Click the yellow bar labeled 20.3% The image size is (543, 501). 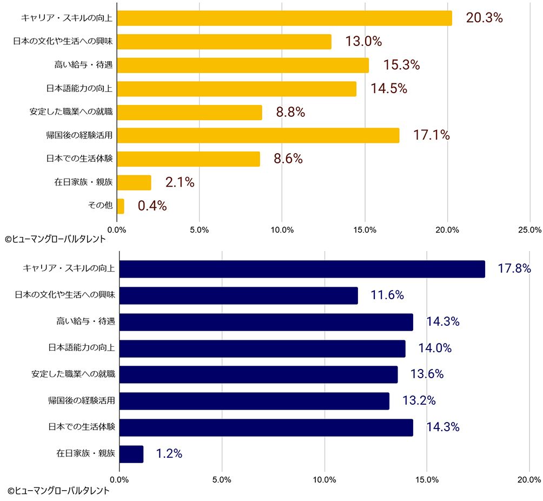(x=284, y=18)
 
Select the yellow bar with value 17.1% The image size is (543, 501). (x=258, y=135)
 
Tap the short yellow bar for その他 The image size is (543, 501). (x=121, y=206)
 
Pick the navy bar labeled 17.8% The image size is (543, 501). (x=302, y=269)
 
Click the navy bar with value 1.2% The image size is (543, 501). (x=131, y=454)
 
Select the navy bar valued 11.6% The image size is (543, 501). (x=239, y=295)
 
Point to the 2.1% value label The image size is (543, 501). (x=180, y=183)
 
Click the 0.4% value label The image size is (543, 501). (x=152, y=206)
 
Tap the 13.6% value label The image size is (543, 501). (x=427, y=374)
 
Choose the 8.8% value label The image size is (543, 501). (x=290, y=113)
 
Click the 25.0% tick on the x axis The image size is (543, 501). (x=529, y=230)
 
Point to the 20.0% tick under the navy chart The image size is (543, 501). (x=529, y=479)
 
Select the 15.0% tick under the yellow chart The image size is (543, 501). (x=365, y=230)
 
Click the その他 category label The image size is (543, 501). (x=100, y=206)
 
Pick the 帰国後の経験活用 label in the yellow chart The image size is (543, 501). (x=79, y=135)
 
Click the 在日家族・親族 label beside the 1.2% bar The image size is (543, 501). (x=85, y=454)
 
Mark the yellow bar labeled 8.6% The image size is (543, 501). (x=188, y=159)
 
